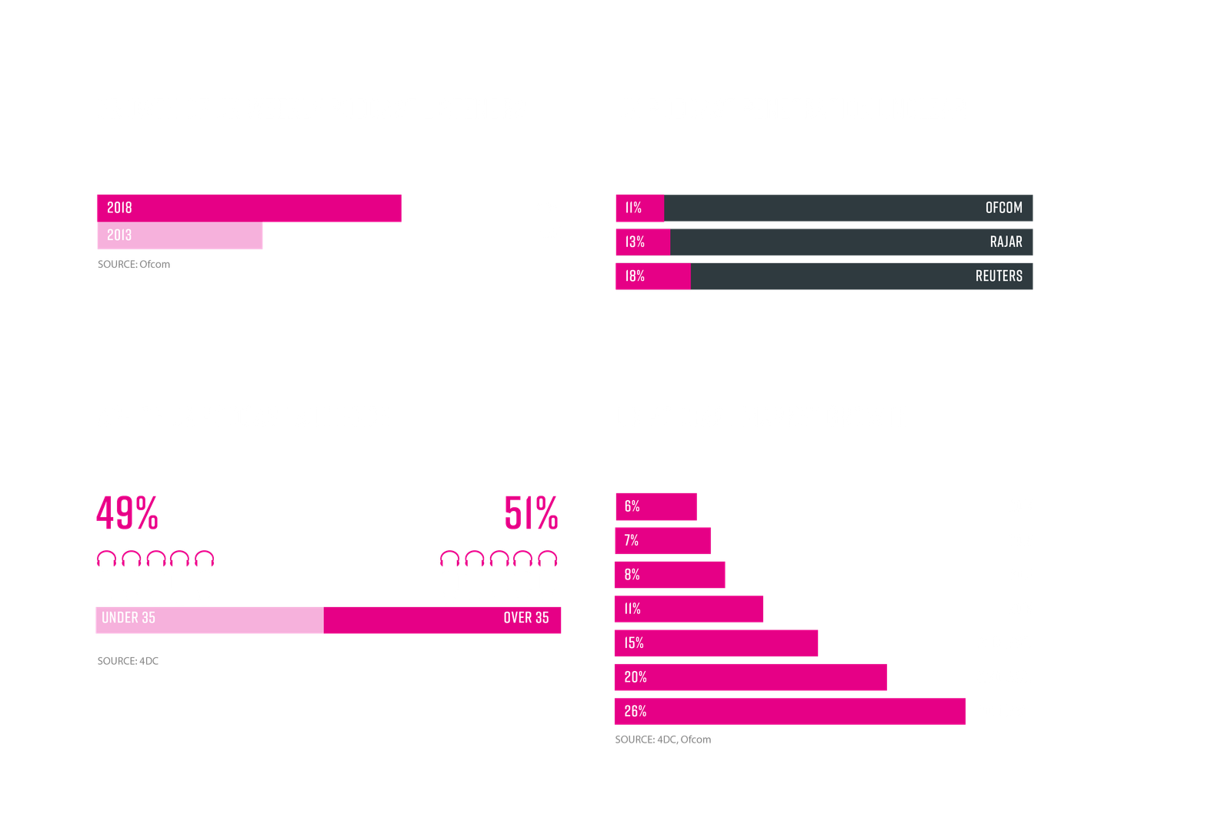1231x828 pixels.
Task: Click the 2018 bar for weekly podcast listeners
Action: coord(249,208)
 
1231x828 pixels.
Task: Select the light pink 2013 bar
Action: coord(179,235)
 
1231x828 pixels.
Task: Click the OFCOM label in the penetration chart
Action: coord(1003,208)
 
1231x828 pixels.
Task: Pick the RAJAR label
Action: coord(1006,242)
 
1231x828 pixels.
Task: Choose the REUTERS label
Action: coord(999,276)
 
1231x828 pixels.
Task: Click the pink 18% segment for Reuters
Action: coord(652,276)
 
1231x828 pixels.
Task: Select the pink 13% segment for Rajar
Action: coord(642,242)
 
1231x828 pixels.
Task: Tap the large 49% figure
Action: coord(128,512)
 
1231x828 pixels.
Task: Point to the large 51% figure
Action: coord(531,512)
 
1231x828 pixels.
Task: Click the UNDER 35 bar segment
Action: coord(209,619)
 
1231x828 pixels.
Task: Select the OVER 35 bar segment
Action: coord(442,619)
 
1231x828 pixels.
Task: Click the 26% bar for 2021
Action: coord(789,711)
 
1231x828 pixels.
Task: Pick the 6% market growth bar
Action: coord(656,506)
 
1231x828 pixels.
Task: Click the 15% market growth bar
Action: coord(716,643)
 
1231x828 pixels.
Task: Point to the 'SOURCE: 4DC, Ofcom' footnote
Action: coord(663,740)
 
